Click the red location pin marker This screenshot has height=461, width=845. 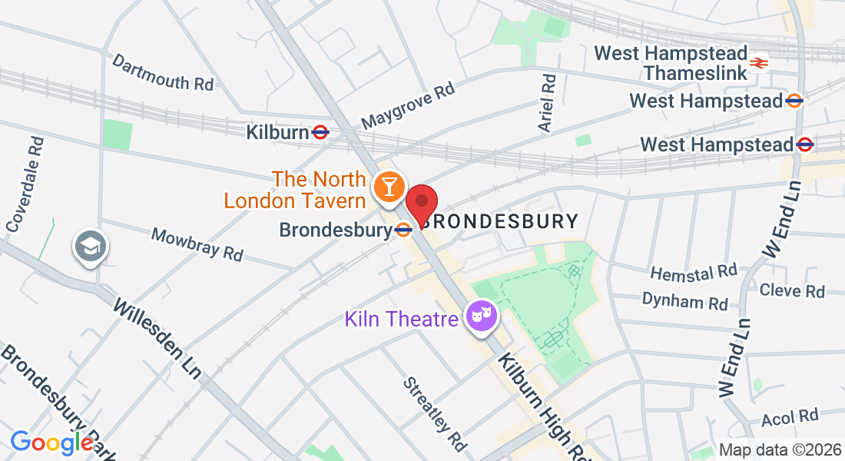pyautogui.click(x=421, y=204)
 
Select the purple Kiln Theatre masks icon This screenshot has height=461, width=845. pyautogui.click(x=482, y=316)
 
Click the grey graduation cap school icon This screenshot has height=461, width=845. pyautogui.click(x=91, y=247)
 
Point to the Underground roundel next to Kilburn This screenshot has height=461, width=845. pyautogui.click(x=321, y=132)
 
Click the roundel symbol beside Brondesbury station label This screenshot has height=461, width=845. pyautogui.click(x=403, y=230)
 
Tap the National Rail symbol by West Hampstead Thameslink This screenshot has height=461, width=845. pyautogui.click(x=760, y=63)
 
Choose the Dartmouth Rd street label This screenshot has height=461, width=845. pyautogui.click(x=163, y=72)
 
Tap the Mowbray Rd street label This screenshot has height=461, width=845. pyautogui.click(x=197, y=244)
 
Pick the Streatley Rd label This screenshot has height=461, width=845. pyautogui.click(x=435, y=413)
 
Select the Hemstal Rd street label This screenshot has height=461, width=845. pyautogui.click(x=694, y=272)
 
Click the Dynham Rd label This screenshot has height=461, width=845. pyautogui.click(x=684, y=300)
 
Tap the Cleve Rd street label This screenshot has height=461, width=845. pyautogui.click(x=792, y=290)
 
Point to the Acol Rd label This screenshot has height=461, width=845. pyautogui.click(x=790, y=416)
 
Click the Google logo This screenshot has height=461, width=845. pyautogui.click(x=52, y=443)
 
